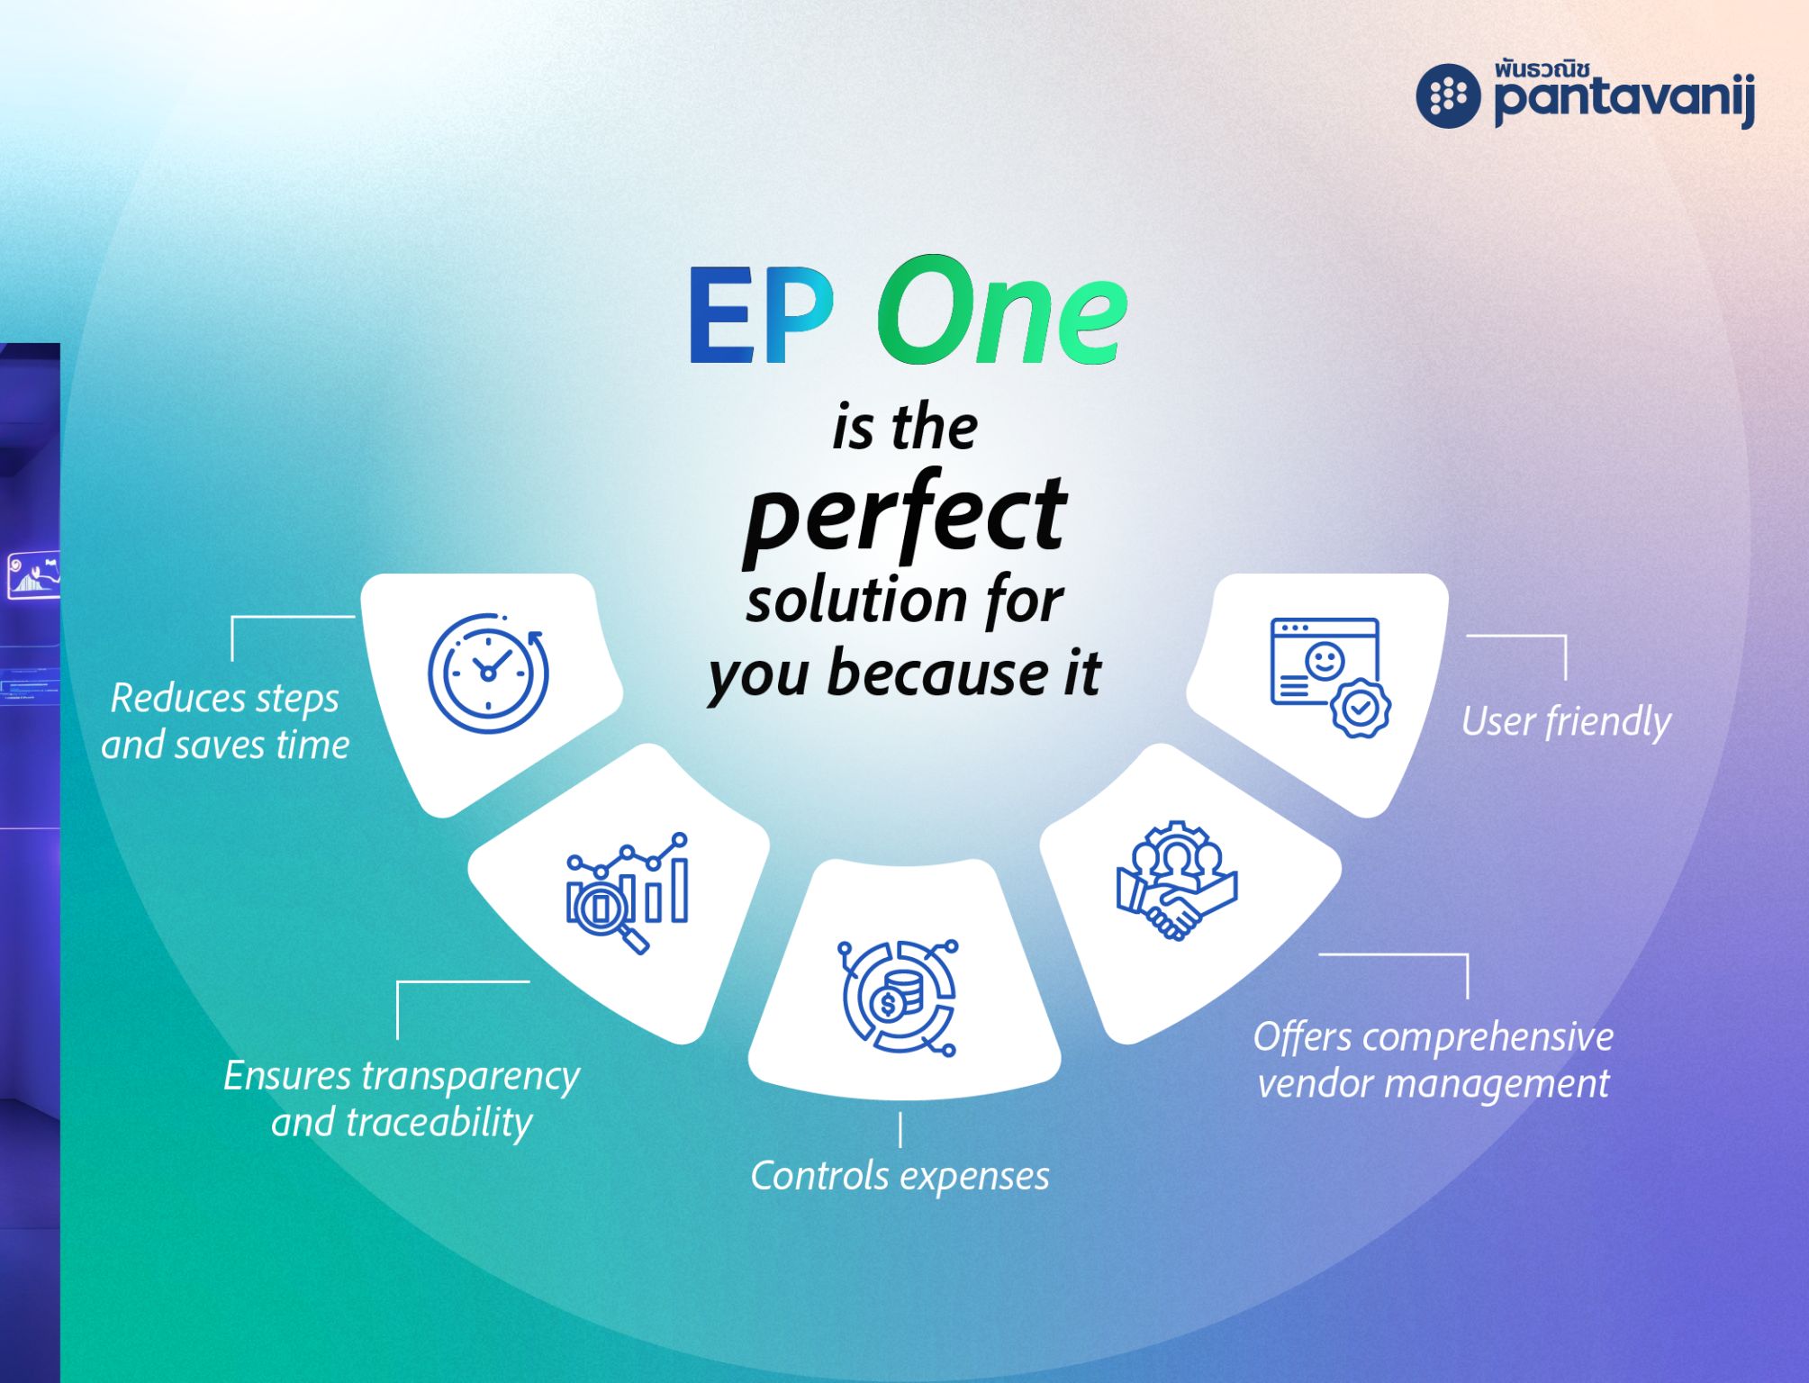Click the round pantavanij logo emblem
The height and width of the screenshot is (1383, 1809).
[1448, 95]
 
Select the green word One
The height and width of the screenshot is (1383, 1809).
[1002, 312]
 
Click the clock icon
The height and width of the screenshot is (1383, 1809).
[488, 673]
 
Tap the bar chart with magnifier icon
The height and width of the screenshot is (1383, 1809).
[628, 892]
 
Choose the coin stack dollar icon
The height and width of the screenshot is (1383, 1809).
[898, 998]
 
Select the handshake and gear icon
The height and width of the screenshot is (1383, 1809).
[1177, 881]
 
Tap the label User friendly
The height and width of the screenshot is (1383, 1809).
[1566, 722]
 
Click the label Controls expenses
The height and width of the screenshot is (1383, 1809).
[900, 1176]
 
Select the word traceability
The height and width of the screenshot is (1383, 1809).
[439, 1123]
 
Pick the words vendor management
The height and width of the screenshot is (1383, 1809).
[1433, 1084]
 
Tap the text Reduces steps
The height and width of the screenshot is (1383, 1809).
[224, 699]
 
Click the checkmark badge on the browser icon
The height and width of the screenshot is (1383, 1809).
[1361, 709]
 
